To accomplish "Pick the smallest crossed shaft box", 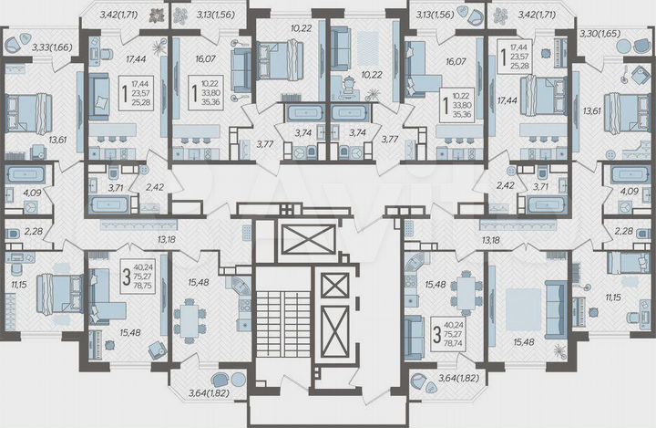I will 333,286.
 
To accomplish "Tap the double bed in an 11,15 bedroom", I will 59,294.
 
